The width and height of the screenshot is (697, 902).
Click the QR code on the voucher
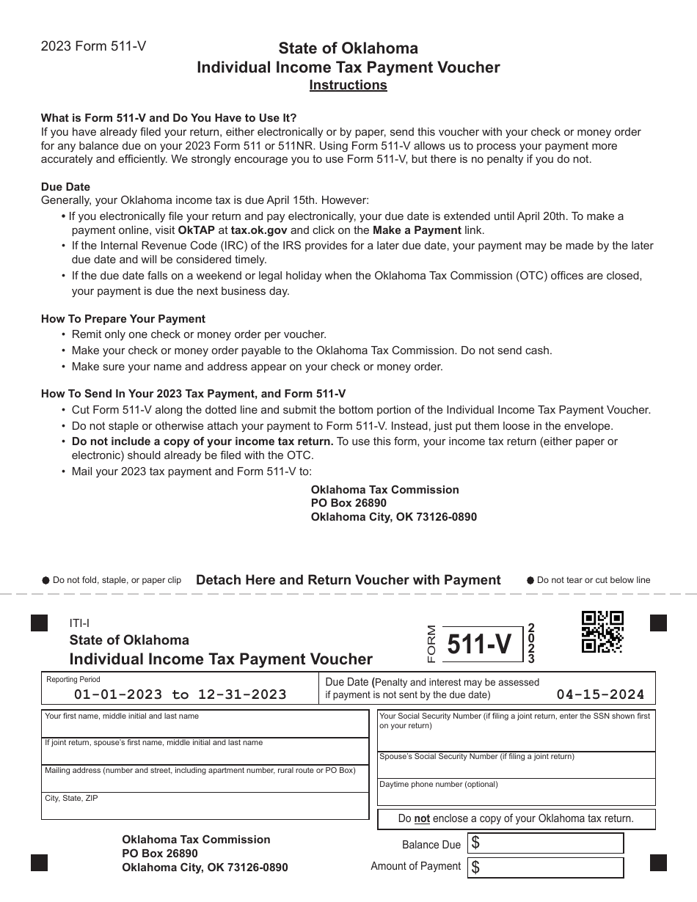coord(602,631)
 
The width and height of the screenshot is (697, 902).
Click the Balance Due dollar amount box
coord(546,843)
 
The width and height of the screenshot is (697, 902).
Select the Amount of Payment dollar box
coord(546,868)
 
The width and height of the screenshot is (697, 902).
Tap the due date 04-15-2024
coord(600,694)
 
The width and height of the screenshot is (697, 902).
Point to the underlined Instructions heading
coord(348,85)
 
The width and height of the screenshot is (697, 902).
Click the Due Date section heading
coord(65,187)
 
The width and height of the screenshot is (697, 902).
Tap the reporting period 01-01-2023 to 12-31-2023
coord(180,694)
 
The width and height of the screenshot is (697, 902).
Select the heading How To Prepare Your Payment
coord(123,319)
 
